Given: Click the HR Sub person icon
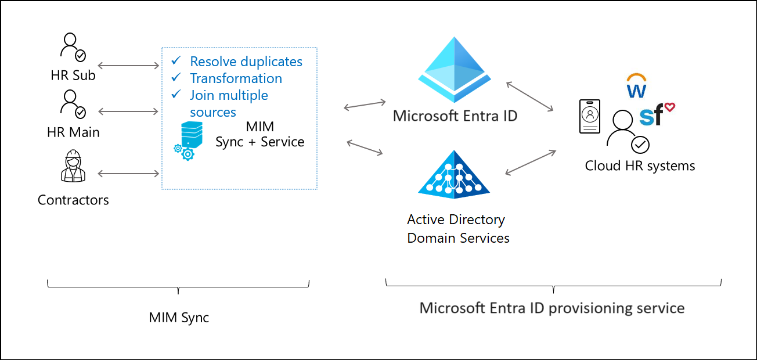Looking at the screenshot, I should [x=73, y=48].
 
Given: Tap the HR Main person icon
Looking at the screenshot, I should [x=73, y=104].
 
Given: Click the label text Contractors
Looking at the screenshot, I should [x=73, y=200].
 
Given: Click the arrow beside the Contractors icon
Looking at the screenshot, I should [x=129, y=173].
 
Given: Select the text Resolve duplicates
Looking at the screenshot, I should [x=246, y=62].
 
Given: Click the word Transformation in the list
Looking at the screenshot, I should [x=236, y=78].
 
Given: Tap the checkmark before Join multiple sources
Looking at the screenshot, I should [x=177, y=95].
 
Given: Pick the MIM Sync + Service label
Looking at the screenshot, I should [x=259, y=134].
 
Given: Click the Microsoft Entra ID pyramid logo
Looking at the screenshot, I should [x=455, y=70].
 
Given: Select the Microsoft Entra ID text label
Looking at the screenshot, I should [x=455, y=116].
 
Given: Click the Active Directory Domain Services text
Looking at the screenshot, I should [x=458, y=229].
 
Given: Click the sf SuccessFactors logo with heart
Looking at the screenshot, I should [x=655, y=114].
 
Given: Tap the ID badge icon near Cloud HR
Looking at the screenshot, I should [x=590, y=116].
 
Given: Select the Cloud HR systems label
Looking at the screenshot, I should [x=640, y=166].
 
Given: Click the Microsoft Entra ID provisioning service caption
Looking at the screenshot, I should [x=551, y=307].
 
